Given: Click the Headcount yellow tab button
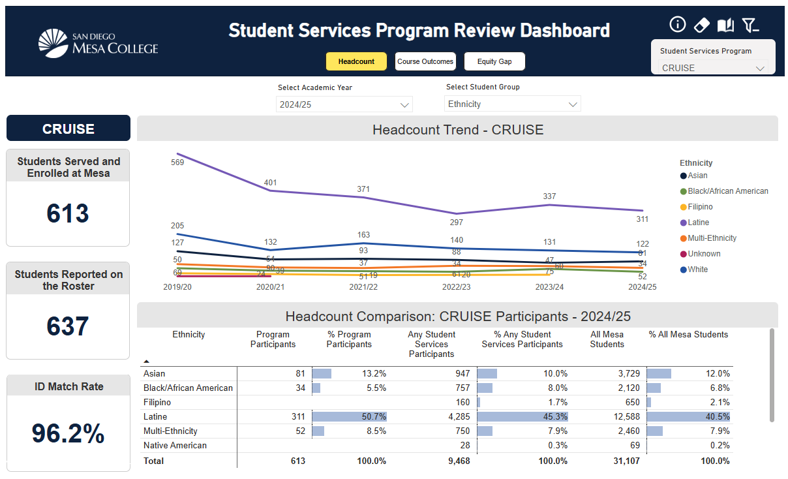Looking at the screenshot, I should tap(356, 61).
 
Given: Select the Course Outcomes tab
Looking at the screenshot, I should tap(425, 61).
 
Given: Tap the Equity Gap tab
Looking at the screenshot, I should tap(494, 61).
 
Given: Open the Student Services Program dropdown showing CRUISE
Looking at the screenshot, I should tap(713, 68).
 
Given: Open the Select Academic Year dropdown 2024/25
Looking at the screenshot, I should tap(344, 104).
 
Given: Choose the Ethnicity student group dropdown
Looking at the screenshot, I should tap(513, 104).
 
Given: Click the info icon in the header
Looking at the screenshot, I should tap(678, 25).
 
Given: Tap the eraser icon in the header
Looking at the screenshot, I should tap(701, 25).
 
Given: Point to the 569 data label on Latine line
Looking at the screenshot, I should tap(177, 162).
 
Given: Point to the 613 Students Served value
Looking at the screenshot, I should tap(68, 213).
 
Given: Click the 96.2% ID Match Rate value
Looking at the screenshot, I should tap(68, 433).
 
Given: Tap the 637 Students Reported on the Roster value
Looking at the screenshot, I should tap(68, 326).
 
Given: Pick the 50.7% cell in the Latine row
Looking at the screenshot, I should tap(374, 416).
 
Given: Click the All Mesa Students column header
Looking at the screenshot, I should tap(607, 339).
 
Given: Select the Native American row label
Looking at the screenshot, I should tap(175, 445).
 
